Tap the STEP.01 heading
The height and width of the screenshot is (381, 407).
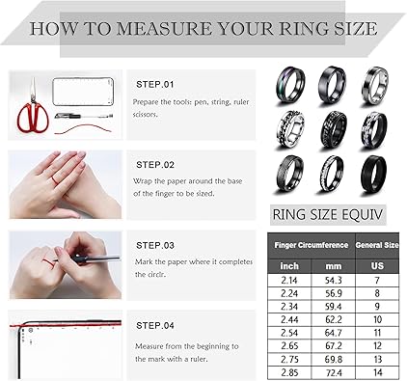coord(155,85)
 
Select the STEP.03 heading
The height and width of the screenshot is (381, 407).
coord(155,246)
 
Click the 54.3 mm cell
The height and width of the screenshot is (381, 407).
coord(333,281)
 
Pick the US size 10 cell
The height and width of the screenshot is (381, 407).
coord(377,319)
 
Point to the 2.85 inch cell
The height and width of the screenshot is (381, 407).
coord(289,372)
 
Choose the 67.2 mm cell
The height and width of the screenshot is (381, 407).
coord(333,346)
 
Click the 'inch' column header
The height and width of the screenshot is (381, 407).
coord(289,266)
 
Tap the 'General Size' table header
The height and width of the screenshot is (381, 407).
coord(377,245)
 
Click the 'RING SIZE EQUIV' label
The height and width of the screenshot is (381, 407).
coord(328,214)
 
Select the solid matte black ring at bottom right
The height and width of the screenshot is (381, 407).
coord(373,175)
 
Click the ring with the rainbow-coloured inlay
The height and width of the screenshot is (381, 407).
coord(289,86)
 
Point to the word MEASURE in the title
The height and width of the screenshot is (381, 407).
coord(164,29)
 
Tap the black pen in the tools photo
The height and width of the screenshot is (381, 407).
coord(84,115)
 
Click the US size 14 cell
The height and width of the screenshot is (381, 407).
coord(377,372)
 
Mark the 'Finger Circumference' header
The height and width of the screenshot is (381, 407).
coord(312,245)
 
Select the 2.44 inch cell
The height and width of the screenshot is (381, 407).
coord(289,319)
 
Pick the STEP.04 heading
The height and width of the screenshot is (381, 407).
coord(155,326)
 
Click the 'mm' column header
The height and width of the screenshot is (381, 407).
coord(333,266)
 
